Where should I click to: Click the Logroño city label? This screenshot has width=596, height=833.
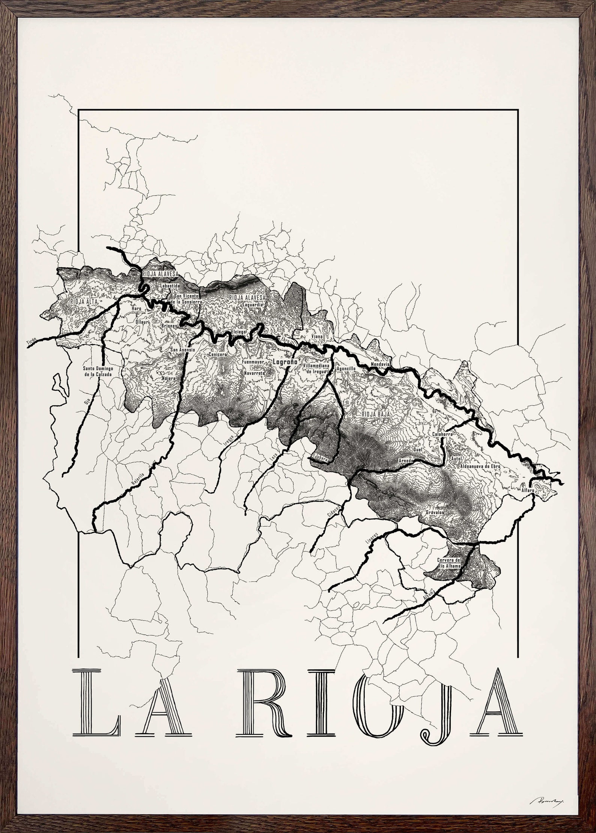285,362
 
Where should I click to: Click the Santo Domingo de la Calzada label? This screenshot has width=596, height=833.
98,371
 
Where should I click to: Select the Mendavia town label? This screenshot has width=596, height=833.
381,364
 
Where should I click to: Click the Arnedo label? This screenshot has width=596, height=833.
406,461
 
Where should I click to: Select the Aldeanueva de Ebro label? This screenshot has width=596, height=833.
481,466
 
